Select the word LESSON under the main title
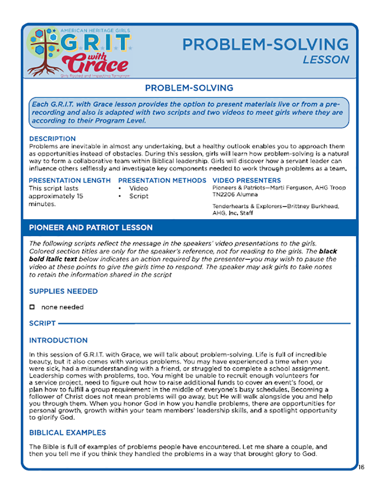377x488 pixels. point(326,60)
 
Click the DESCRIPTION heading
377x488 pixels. point(53,139)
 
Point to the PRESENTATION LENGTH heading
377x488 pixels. point(70,180)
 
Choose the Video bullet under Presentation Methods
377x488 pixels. point(138,188)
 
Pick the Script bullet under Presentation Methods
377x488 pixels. point(138,196)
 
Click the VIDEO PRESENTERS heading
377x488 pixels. point(247,180)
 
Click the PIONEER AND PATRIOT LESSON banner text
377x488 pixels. point(90,228)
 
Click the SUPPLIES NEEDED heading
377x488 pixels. point(63,291)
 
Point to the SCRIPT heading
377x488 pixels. point(42,323)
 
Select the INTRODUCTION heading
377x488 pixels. point(58,340)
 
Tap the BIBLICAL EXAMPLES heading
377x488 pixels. point(68,433)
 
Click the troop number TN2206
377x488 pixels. point(223,195)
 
